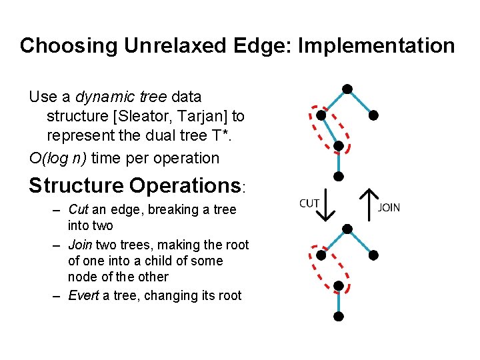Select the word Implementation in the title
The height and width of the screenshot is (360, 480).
[377, 46]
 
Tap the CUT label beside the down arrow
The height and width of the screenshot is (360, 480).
[309, 203]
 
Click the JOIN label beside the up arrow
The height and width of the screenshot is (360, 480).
[389, 207]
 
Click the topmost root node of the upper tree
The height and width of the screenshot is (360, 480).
[347, 89]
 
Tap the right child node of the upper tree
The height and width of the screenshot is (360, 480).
[374, 115]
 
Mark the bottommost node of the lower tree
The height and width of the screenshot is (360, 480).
[339, 316]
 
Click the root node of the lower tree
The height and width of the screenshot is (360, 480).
[346, 229]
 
